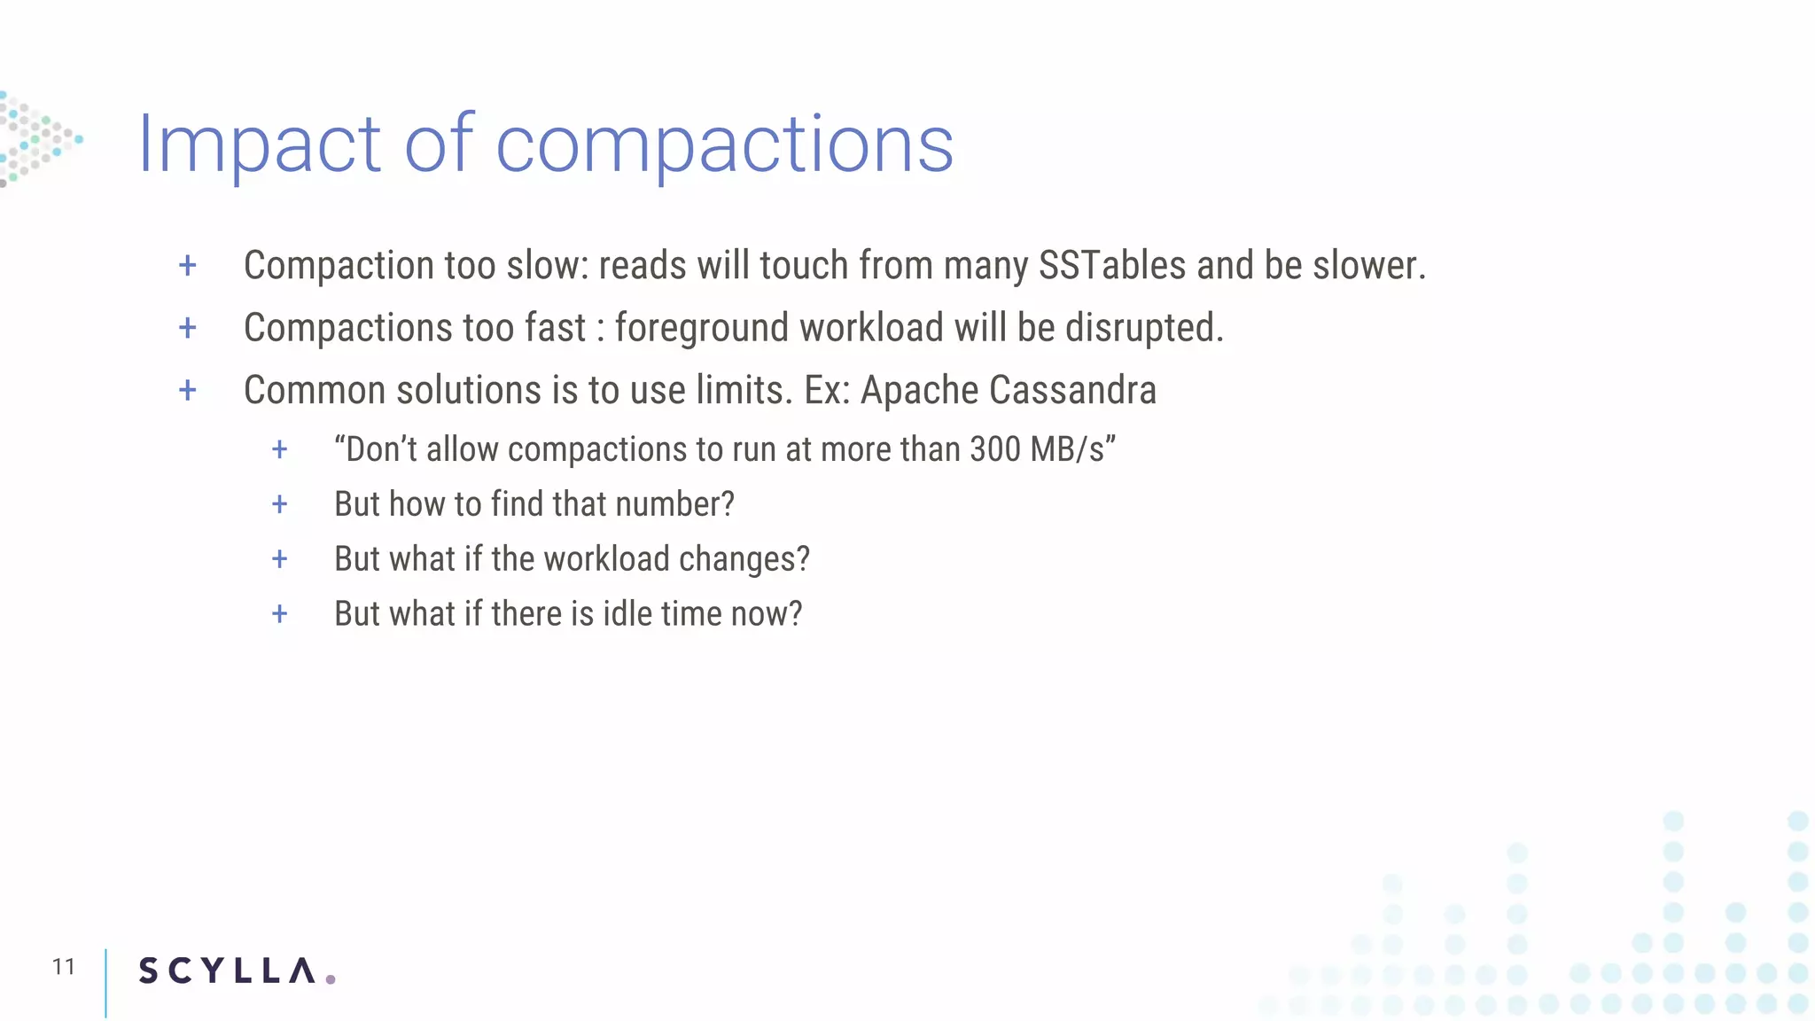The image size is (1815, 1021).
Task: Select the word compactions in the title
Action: [724, 144]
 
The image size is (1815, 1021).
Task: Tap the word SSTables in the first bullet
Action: [1111, 266]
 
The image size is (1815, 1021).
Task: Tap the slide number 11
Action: [63, 966]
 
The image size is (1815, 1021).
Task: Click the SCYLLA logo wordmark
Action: [227, 970]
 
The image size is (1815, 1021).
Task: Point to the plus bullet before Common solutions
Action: [187, 390]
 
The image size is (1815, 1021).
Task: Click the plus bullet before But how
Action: [279, 504]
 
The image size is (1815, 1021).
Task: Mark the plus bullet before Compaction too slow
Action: [187, 265]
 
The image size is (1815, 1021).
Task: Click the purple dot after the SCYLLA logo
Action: [331, 978]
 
